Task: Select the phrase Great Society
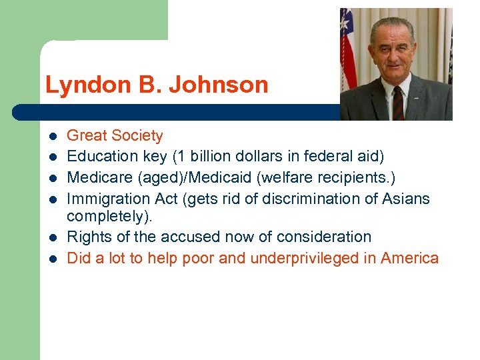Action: click(115, 136)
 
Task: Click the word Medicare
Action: click(97, 177)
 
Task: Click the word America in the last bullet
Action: click(409, 258)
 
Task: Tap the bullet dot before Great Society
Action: click(52, 137)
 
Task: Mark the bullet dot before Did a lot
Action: click(52, 259)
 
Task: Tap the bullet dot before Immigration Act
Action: click(52, 199)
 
